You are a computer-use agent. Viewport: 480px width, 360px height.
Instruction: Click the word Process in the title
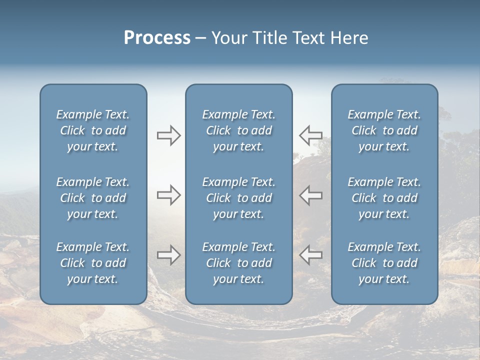coord(157,38)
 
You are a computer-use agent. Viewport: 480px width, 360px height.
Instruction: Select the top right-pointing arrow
coord(168,135)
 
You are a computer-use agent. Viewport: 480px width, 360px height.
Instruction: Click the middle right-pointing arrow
coord(168,194)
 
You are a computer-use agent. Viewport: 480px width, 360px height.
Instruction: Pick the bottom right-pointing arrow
coord(168,255)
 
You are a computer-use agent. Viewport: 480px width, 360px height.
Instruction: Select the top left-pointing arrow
coord(311,135)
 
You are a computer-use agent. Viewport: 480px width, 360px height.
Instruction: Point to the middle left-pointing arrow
coord(311,194)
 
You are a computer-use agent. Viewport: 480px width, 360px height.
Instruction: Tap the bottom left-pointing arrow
coord(311,255)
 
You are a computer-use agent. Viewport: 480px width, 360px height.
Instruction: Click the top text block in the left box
coord(93,130)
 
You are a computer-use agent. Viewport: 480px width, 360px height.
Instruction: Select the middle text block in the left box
coord(93,198)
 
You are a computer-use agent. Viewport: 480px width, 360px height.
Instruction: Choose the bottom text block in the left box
coord(93,263)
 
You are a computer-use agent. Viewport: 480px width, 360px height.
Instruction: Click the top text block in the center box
coord(238,130)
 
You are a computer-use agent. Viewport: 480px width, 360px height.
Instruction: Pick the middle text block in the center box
coord(238,198)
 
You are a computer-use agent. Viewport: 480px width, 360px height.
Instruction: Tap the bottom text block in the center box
coord(238,263)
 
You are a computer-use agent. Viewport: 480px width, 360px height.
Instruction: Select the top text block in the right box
coord(384,130)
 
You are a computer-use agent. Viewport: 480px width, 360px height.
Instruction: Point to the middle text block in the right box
coord(384,198)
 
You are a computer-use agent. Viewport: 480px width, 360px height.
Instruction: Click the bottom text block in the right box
coord(384,263)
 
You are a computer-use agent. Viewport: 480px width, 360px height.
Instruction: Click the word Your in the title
coord(227,38)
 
